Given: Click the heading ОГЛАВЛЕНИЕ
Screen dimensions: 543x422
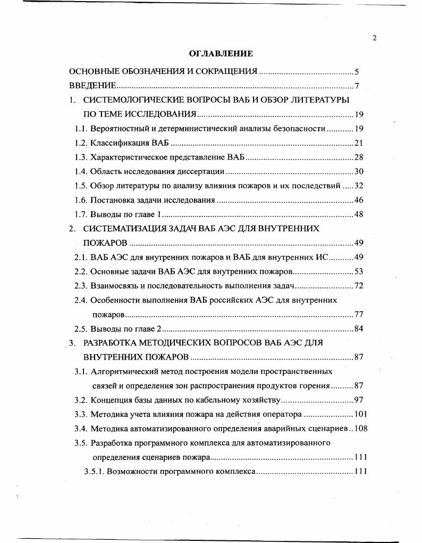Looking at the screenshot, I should (x=221, y=54).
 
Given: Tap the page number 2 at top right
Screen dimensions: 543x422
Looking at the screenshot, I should (x=375, y=38).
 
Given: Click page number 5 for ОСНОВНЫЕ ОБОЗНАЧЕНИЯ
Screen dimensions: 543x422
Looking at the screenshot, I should (x=357, y=71).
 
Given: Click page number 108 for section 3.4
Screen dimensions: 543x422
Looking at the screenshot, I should (x=361, y=428).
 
